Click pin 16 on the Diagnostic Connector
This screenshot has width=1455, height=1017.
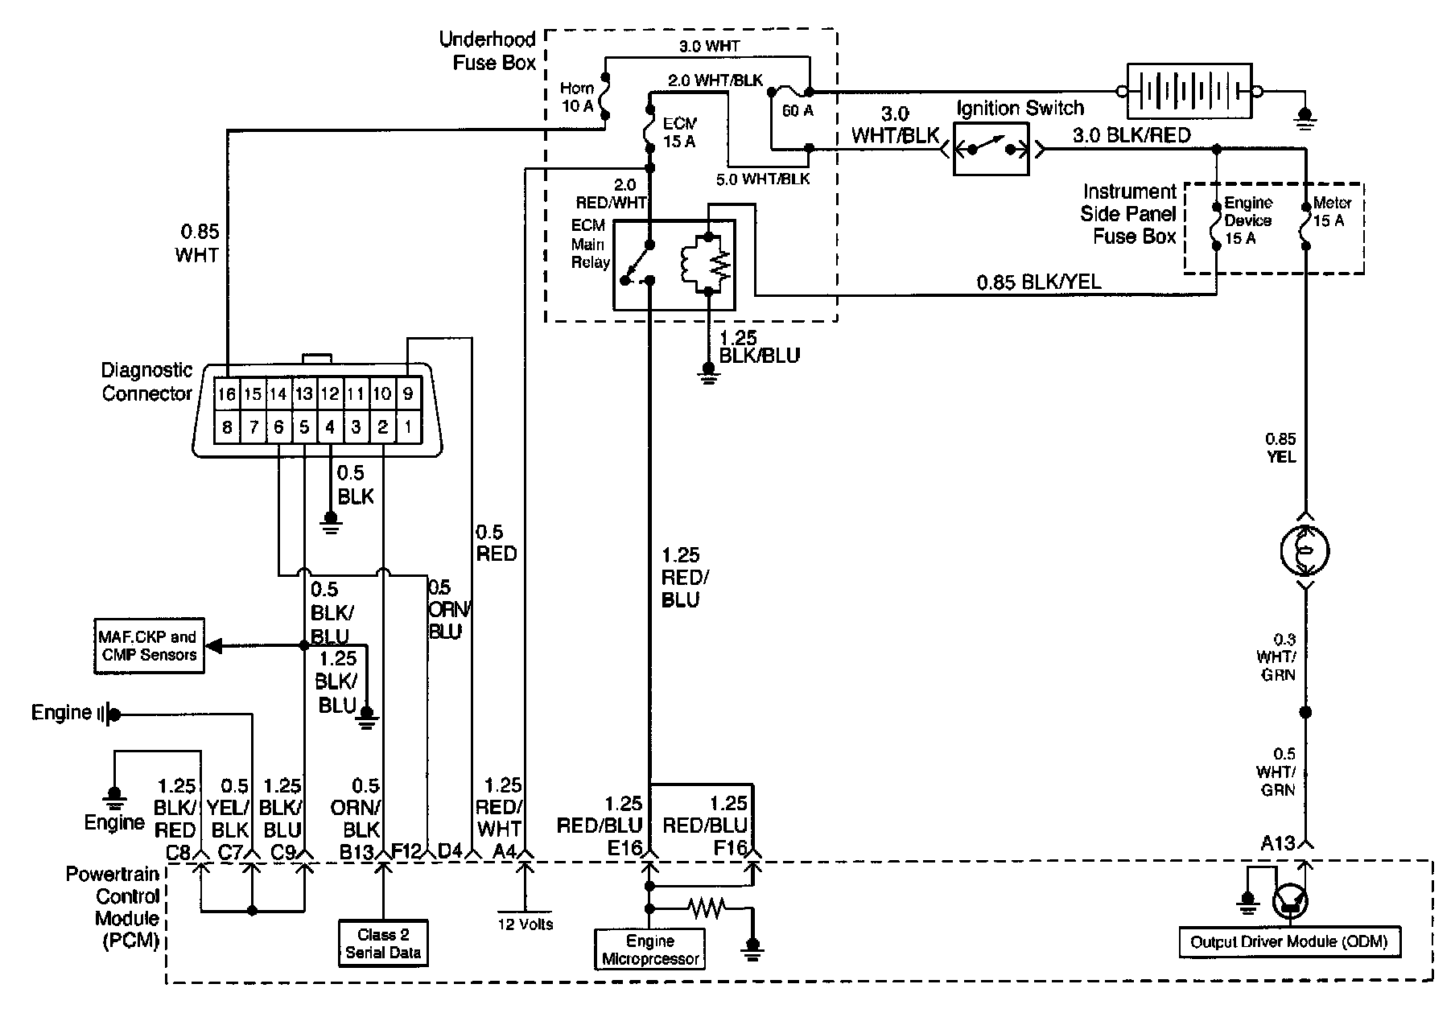click(x=227, y=394)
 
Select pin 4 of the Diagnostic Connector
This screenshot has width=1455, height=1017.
click(x=330, y=427)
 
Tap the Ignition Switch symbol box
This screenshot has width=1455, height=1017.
click(x=991, y=149)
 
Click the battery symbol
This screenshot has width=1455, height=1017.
click(x=1189, y=92)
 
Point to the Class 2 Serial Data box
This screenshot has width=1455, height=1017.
click(x=383, y=944)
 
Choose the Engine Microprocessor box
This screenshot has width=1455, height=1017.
click(x=650, y=949)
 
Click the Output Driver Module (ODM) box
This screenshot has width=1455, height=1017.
click(x=1288, y=942)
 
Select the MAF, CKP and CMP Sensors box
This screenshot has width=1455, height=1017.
click(x=149, y=645)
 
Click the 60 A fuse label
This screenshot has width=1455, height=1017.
click(x=798, y=111)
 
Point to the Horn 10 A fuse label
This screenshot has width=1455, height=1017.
click(x=578, y=97)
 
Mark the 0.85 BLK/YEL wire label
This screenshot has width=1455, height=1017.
click(x=1039, y=282)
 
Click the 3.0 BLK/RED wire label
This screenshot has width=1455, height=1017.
click(x=1131, y=135)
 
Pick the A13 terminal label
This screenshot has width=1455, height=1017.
click(x=1277, y=843)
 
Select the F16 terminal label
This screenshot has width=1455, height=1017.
click(x=729, y=847)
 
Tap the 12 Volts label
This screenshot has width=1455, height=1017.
click(x=526, y=924)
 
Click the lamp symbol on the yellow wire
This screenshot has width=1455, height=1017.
click(x=1305, y=551)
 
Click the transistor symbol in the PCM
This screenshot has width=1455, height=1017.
click(x=1291, y=902)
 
